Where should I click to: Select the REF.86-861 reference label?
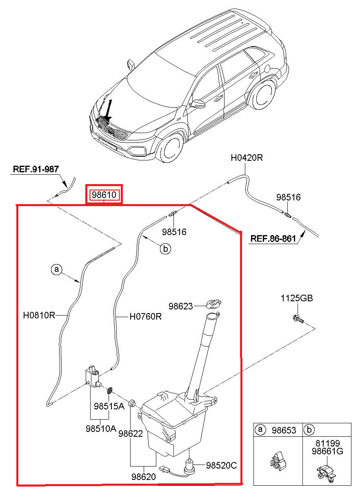coord(273,238)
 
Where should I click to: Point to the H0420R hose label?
coord(247,158)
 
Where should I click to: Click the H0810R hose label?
coord(39,315)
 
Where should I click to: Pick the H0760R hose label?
coord(146,316)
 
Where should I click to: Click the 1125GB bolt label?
coord(296,298)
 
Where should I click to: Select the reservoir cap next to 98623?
coord(214,304)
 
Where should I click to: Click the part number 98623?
coord(181,306)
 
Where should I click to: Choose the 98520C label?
coord(221,465)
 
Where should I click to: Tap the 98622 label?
coord(130,434)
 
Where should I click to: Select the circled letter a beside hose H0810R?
coord(57,269)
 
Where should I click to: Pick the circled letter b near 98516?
coord(165,249)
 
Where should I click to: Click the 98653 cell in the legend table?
coord(284,430)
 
